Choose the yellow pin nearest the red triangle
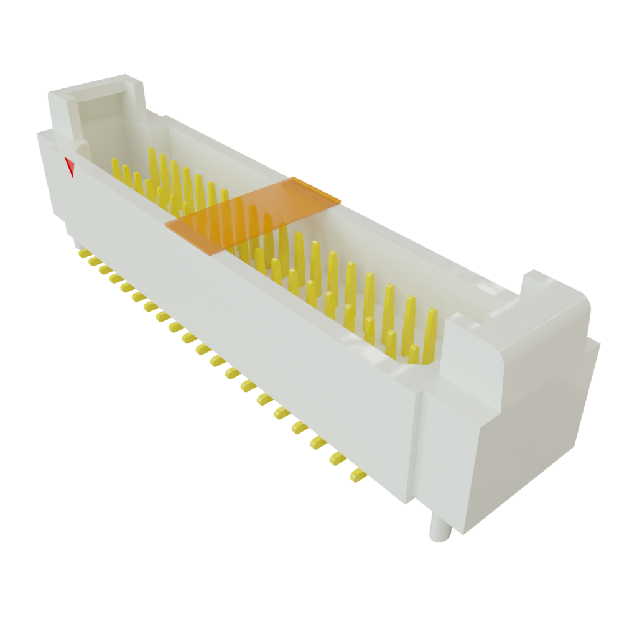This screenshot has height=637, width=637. point(115,167)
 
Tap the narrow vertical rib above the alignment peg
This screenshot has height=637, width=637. point(416,448)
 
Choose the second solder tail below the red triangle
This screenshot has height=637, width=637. point(93,261)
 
